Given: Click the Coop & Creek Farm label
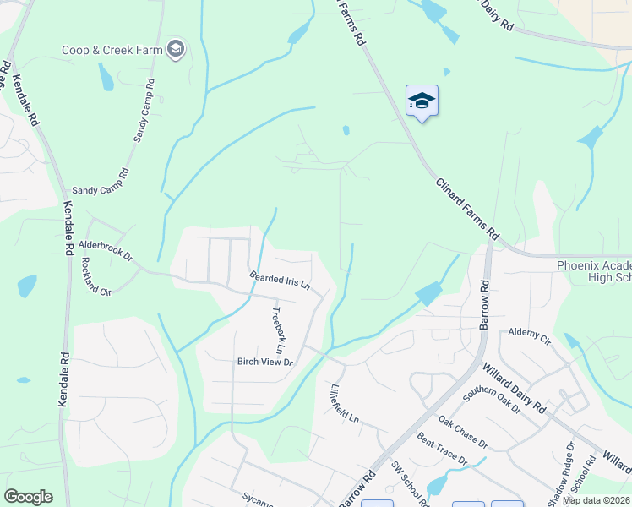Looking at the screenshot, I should point(112,51).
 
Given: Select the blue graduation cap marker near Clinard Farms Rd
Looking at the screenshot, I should point(422,102).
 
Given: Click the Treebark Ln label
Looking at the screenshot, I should point(276,330).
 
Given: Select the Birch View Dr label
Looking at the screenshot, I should point(264,362).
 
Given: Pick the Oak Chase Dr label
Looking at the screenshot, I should point(463,431).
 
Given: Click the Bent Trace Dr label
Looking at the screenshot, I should point(442,448).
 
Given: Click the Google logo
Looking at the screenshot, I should point(28,497).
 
